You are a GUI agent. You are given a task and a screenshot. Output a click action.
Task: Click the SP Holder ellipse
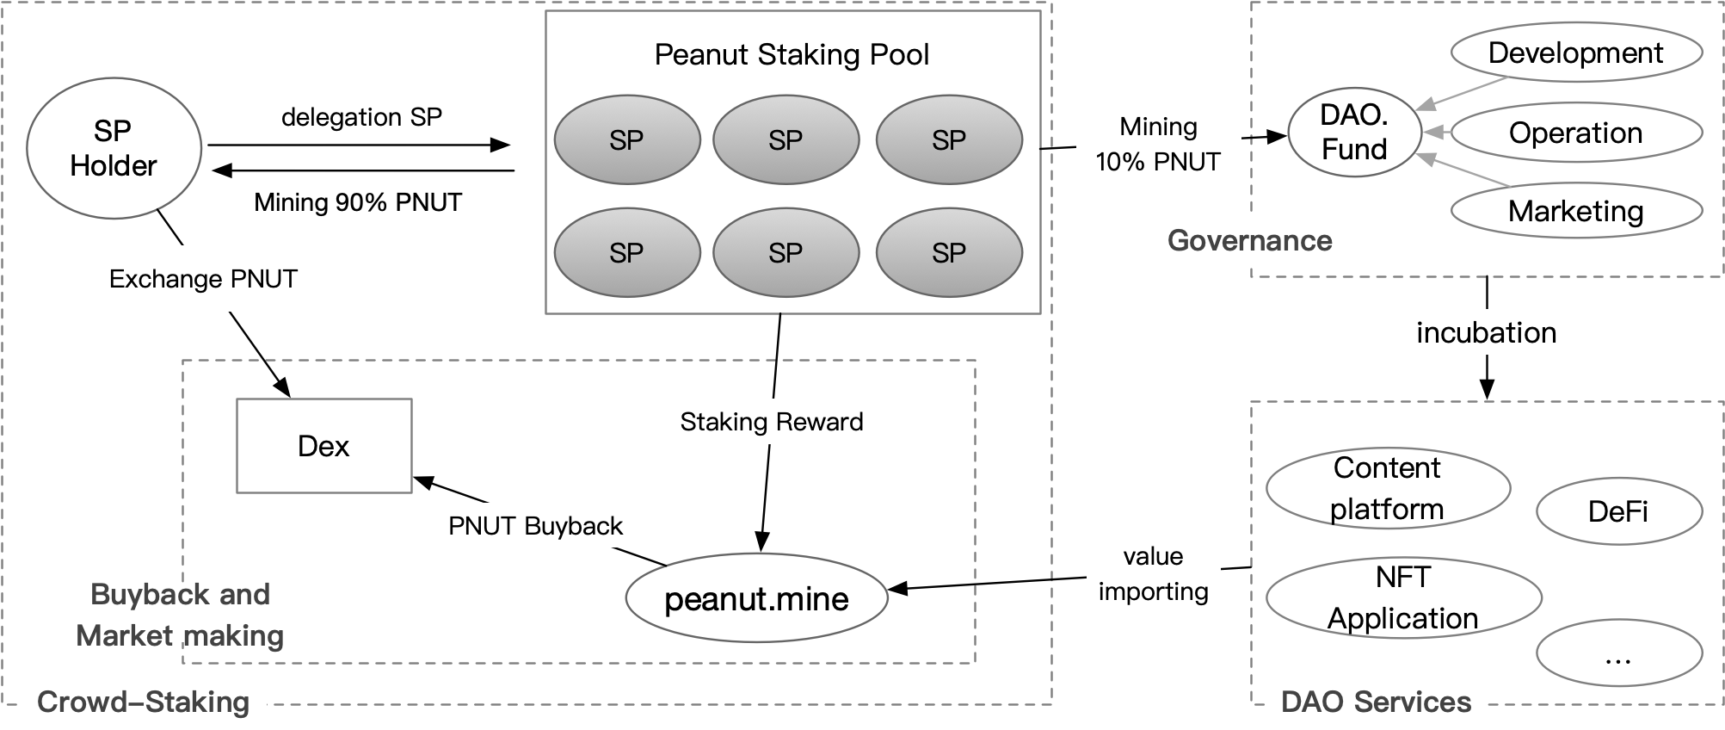[x=114, y=148]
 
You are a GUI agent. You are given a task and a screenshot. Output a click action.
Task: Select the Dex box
[x=324, y=446]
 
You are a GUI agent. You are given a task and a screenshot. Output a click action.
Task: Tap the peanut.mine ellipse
[x=756, y=598]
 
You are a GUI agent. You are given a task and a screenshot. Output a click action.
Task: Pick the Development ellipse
[x=1575, y=53]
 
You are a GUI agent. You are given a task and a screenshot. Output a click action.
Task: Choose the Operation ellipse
[x=1575, y=133]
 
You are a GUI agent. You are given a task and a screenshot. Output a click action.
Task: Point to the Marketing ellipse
[x=1575, y=211]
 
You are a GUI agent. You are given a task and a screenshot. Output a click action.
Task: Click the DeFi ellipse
[x=1618, y=511]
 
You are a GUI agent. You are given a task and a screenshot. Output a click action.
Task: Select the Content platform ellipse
[x=1387, y=488]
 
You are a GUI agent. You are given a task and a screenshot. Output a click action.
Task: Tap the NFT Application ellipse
[x=1402, y=598]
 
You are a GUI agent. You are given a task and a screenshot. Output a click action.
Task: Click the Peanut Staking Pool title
[x=792, y=54]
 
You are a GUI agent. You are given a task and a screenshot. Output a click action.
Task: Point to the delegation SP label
[x=361, y=117]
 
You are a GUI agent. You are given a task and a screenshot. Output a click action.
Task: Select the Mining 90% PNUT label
[x=358, y=202]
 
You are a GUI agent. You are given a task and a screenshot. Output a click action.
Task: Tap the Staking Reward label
[x=771, y=422]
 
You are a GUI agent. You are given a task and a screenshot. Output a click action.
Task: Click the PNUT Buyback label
[x=535, y=526]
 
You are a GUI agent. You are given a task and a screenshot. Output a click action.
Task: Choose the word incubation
[x=1486, y=332]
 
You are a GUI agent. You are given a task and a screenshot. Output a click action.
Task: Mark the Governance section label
[x=1249, y=240]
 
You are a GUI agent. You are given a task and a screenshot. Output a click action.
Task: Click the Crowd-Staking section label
[x=143, y=702]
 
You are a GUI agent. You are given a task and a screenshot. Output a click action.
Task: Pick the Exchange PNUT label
[x=203, y=279]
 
